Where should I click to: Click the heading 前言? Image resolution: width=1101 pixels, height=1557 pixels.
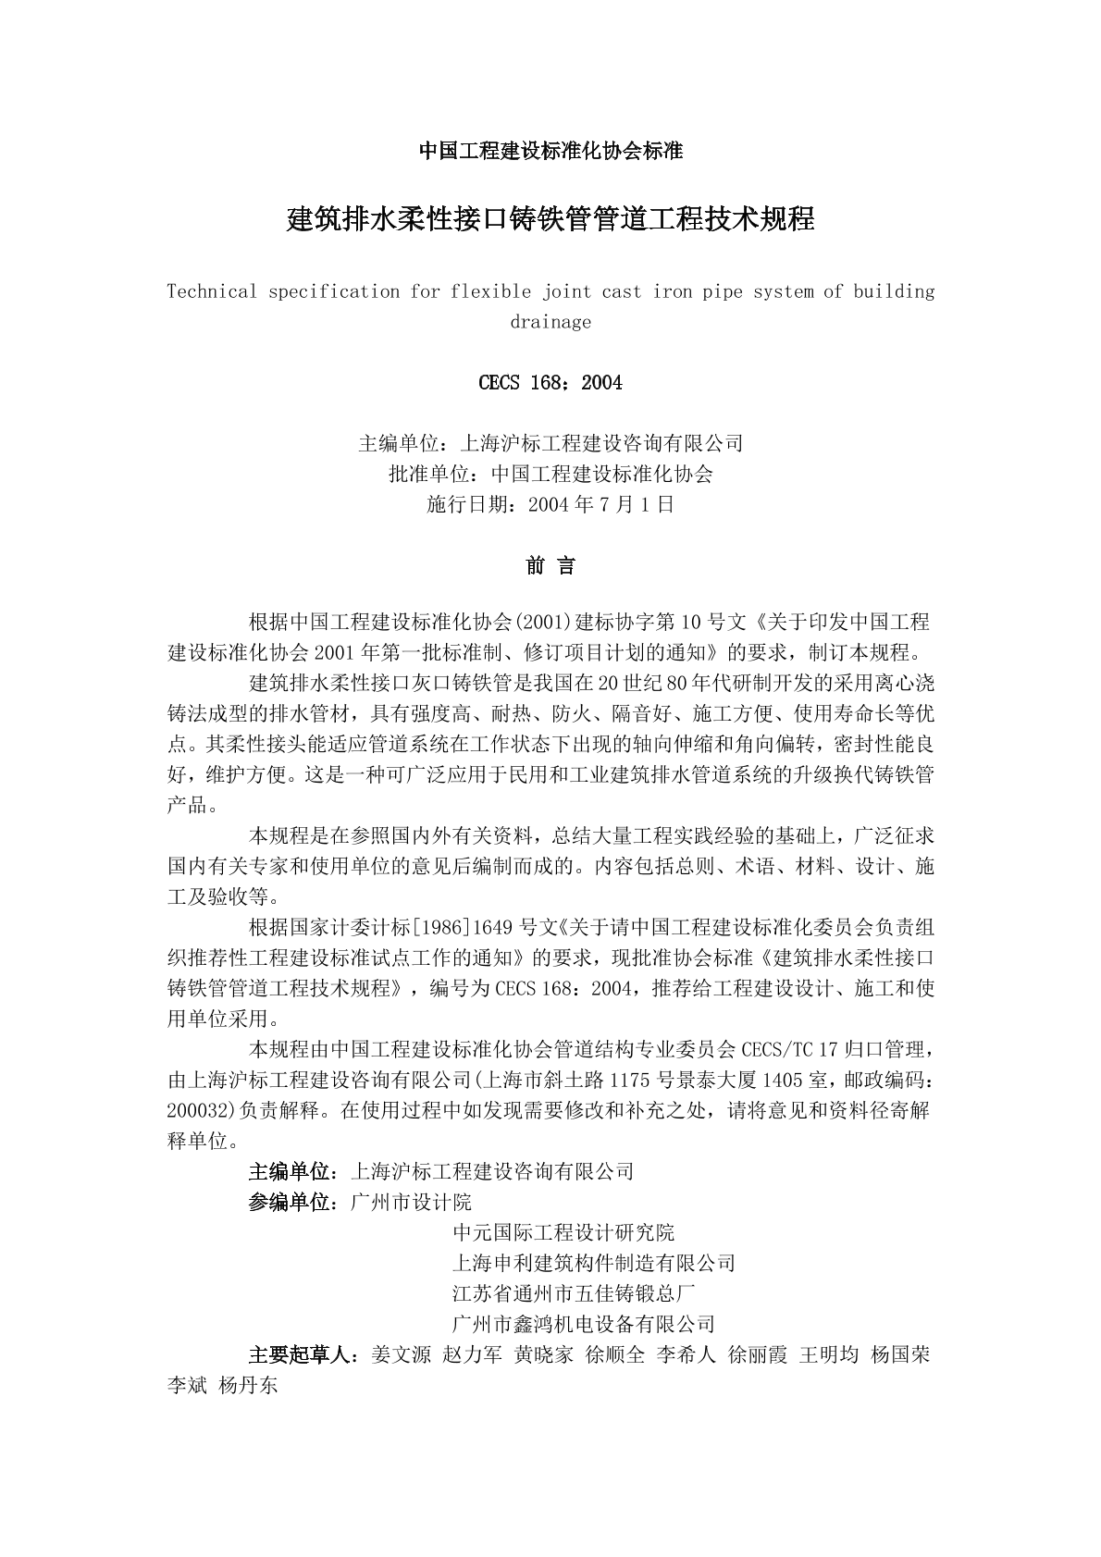(550, 566)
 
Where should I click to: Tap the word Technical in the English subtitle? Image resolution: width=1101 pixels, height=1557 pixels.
(212, 292)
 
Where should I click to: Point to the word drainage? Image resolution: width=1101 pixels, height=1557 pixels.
(550, 323)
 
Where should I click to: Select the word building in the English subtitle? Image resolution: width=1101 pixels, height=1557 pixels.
(894, 292)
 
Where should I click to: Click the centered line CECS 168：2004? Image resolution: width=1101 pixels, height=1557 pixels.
(550, 383)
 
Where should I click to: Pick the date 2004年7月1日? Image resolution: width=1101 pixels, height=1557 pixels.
(600, 505)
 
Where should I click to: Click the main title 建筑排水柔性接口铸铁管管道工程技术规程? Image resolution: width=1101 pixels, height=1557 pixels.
(550, 221)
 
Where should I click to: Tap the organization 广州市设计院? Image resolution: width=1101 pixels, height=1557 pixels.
(412, 1203)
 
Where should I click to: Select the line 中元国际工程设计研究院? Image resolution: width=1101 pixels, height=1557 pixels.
(563, 1233)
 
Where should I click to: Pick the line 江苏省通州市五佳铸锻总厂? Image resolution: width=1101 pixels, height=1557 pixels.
(574, 1293)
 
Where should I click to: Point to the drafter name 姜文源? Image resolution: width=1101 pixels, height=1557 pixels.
(401, 1355)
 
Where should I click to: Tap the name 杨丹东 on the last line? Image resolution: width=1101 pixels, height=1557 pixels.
(248, 1386)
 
